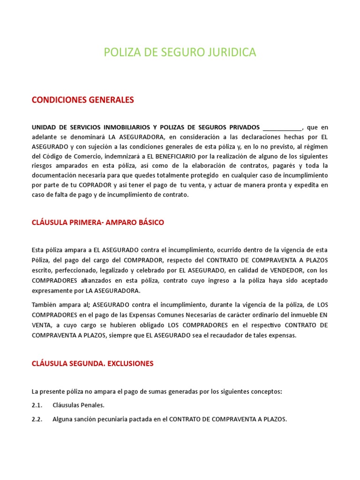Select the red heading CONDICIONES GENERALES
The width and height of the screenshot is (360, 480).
tap(82, 100)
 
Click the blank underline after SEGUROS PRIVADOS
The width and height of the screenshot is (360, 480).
tap(283, 127)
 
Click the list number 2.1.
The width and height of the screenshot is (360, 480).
tap(37, 405)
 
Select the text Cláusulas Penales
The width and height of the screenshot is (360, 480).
tap(78, 405)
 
